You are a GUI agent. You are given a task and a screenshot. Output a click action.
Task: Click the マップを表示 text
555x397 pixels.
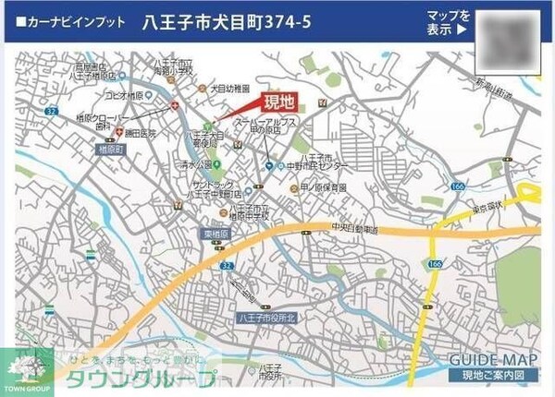click(449, 22)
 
